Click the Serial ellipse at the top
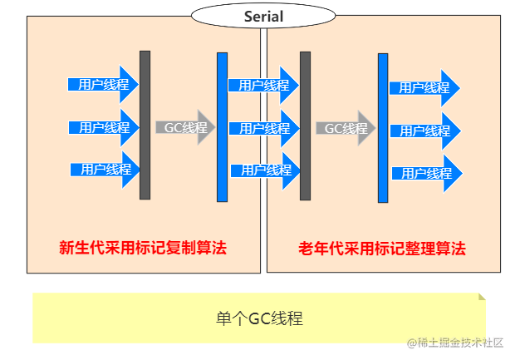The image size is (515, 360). [263, 16]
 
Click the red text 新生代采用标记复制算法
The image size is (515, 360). [142, 248]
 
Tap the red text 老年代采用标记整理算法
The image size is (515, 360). [381, 248]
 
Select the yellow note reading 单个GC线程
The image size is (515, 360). [259, 318]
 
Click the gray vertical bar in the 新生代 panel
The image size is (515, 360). [145, 125]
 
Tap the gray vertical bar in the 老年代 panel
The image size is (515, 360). [305, 126]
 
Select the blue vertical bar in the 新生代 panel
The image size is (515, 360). [222, 126]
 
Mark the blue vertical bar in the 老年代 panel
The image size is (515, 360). [383, 128]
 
